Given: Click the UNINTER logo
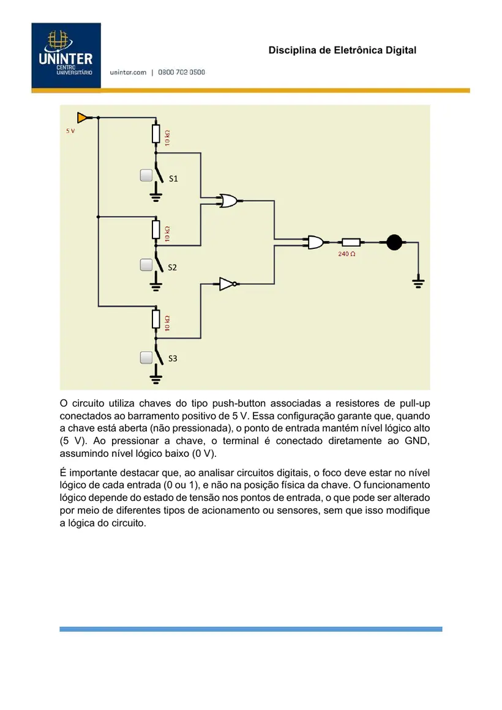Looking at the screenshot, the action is (66, 55).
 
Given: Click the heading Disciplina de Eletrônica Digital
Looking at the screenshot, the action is (342, 50).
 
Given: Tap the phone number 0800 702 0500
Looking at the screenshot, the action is (181, 72).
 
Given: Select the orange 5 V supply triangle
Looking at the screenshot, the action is (82, 118).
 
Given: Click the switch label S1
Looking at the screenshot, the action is (173, 179).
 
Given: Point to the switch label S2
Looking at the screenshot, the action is (172, 268).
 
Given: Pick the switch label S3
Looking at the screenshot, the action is (173, 358).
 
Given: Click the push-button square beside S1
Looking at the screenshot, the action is (146, 176).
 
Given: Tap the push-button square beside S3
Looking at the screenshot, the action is (146, 358).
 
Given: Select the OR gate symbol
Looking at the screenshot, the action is (228, 201).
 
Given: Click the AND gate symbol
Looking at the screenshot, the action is (316, 242).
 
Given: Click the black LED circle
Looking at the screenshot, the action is (394, 242).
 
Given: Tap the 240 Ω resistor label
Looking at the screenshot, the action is (347, 254).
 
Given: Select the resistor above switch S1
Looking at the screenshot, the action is (156, 135).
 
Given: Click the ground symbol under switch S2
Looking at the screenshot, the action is (156, 285).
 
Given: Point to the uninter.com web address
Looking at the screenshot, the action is (128, 72).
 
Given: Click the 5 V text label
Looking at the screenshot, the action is (70, 131).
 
